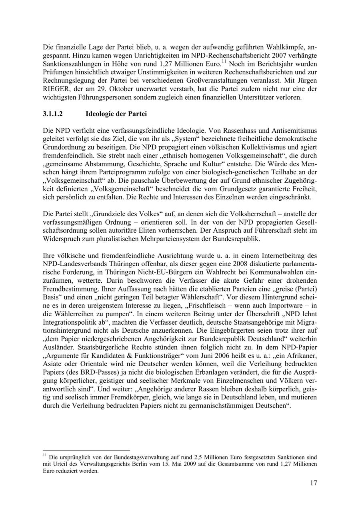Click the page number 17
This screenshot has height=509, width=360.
pyautogui.click(x=313, y=483)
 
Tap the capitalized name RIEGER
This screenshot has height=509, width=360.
pyautogui.click(x=55, y=90)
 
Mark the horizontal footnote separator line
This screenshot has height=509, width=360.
pyautogui.click(x=86, y=450)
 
